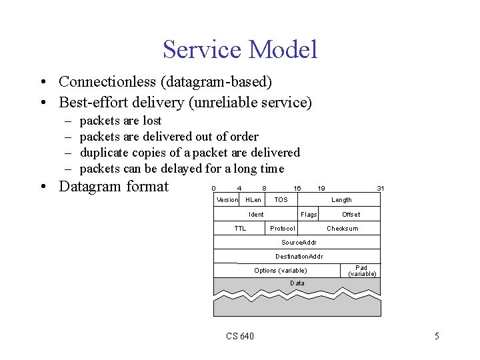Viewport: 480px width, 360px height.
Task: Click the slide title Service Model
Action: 240,50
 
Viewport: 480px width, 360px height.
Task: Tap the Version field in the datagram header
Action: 227,200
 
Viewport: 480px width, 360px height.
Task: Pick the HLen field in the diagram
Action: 253,200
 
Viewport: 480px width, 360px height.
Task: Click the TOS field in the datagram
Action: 281,200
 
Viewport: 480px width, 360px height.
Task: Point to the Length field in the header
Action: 341,200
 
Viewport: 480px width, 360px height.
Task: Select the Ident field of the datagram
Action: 256,214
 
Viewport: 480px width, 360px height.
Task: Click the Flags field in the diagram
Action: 309,214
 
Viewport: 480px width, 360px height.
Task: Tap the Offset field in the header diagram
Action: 351,214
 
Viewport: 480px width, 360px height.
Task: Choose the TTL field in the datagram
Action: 240,229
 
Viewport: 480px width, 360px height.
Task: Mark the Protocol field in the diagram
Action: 283,229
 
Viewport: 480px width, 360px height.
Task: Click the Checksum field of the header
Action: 342,229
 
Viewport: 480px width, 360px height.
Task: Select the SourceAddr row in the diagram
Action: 298,243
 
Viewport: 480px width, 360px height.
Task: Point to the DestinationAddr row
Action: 298,257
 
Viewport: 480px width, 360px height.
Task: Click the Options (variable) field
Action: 281,271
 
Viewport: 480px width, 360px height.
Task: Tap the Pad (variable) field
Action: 362,271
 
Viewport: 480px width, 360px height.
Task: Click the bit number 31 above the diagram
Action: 380,189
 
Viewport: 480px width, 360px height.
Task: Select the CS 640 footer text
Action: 240,336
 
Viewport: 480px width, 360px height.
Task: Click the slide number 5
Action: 437,336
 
